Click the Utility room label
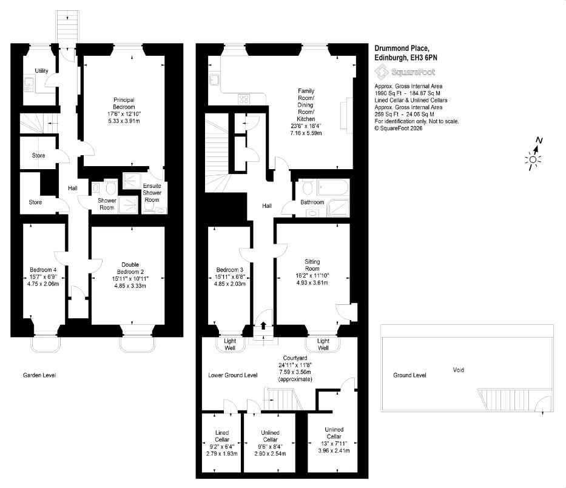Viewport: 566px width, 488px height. point(41,71)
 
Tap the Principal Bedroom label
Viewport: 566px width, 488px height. point(124,103)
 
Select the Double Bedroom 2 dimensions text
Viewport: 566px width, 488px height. point(130,282)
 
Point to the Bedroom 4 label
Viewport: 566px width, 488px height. point(43,269)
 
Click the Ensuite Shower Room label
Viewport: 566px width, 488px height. point(152,193)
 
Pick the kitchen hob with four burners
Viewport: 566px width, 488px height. point(244,98)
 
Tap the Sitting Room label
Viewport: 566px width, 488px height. point(312,265)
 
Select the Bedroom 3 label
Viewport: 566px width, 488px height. point(229,269)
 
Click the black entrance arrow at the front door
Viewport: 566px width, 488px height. point(263,326)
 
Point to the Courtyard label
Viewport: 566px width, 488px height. point(295,358)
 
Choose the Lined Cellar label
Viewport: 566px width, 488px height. point(222,436)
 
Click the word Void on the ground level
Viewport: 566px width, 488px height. point(459,370)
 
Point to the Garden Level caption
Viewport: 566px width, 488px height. point(39,375)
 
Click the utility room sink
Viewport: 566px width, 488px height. point(29,84)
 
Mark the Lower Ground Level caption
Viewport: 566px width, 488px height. point(233,375)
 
